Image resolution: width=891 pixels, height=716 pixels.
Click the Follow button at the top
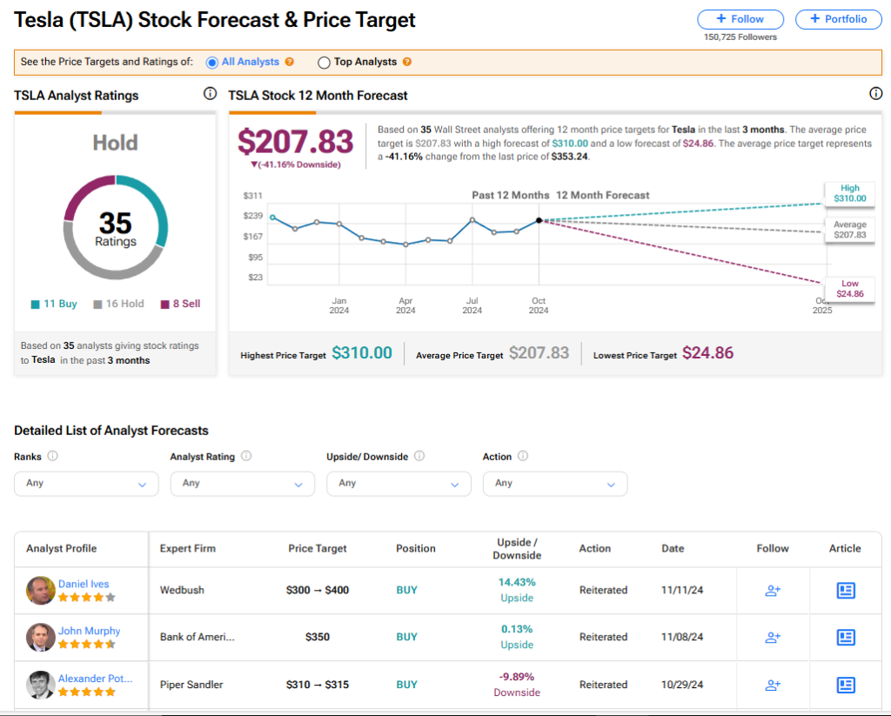740,19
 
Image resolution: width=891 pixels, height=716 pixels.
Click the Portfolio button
837,19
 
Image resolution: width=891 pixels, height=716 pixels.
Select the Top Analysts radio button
325,63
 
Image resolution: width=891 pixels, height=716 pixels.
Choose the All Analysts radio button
212,63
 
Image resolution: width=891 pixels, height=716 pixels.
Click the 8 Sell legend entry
180,304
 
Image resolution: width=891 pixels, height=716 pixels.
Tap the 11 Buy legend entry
54,304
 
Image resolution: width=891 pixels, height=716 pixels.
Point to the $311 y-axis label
252,196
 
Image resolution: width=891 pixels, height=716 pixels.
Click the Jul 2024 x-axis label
472,305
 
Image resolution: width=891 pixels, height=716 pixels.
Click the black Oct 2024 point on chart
539,220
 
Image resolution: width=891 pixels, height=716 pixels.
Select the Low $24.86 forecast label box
849,289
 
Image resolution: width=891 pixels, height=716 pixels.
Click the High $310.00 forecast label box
849,193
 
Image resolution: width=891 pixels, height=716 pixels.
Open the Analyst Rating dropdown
242,484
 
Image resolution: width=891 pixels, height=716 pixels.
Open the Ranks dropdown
86,484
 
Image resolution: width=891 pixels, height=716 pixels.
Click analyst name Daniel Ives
84,584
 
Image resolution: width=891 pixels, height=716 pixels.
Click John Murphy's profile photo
40,638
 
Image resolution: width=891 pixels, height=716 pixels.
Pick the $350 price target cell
317,637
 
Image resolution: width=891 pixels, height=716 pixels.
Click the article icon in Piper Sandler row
845,685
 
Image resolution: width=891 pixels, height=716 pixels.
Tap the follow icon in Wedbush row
772,591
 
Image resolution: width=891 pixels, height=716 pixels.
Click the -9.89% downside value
516,676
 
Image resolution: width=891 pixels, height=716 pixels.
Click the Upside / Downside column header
516,549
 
